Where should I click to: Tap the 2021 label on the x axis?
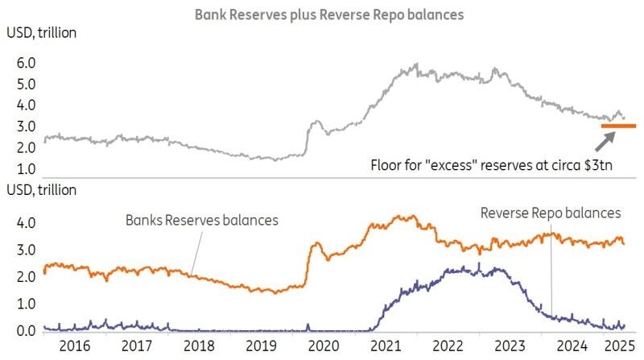(x=385, y=347)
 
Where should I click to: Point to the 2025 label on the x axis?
(x=618, y=347)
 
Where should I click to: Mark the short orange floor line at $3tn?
(x=618, y=126)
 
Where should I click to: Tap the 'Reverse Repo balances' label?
(x=551, y=213)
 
